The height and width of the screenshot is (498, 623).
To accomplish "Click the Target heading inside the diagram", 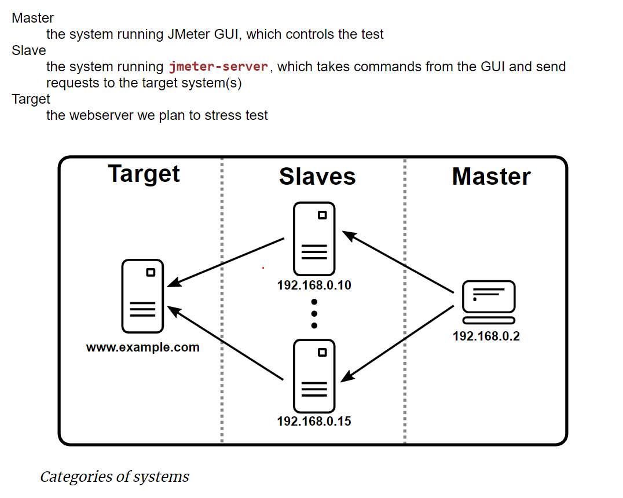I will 144,174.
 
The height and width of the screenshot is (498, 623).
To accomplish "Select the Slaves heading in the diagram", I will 317,177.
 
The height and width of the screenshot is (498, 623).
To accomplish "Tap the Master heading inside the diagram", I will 491,177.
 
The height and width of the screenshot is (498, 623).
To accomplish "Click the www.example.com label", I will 143,348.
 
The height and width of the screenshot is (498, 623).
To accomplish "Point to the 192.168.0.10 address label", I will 314,285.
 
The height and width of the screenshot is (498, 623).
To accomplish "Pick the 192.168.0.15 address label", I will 314,422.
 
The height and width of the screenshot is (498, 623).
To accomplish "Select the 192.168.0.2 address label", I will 486,336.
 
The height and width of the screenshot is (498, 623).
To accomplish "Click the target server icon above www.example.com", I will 142,296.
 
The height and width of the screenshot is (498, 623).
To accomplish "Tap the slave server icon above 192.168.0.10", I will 314,239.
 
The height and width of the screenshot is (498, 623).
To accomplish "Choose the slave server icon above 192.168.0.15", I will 314,375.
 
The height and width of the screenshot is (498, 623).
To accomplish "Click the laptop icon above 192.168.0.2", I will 489,302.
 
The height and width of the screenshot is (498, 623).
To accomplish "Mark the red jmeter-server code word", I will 218,67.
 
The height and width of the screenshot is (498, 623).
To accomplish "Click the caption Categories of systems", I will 114,477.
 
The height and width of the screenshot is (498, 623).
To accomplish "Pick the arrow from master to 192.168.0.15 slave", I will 398,343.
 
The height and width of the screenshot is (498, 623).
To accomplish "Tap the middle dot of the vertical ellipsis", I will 314,313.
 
